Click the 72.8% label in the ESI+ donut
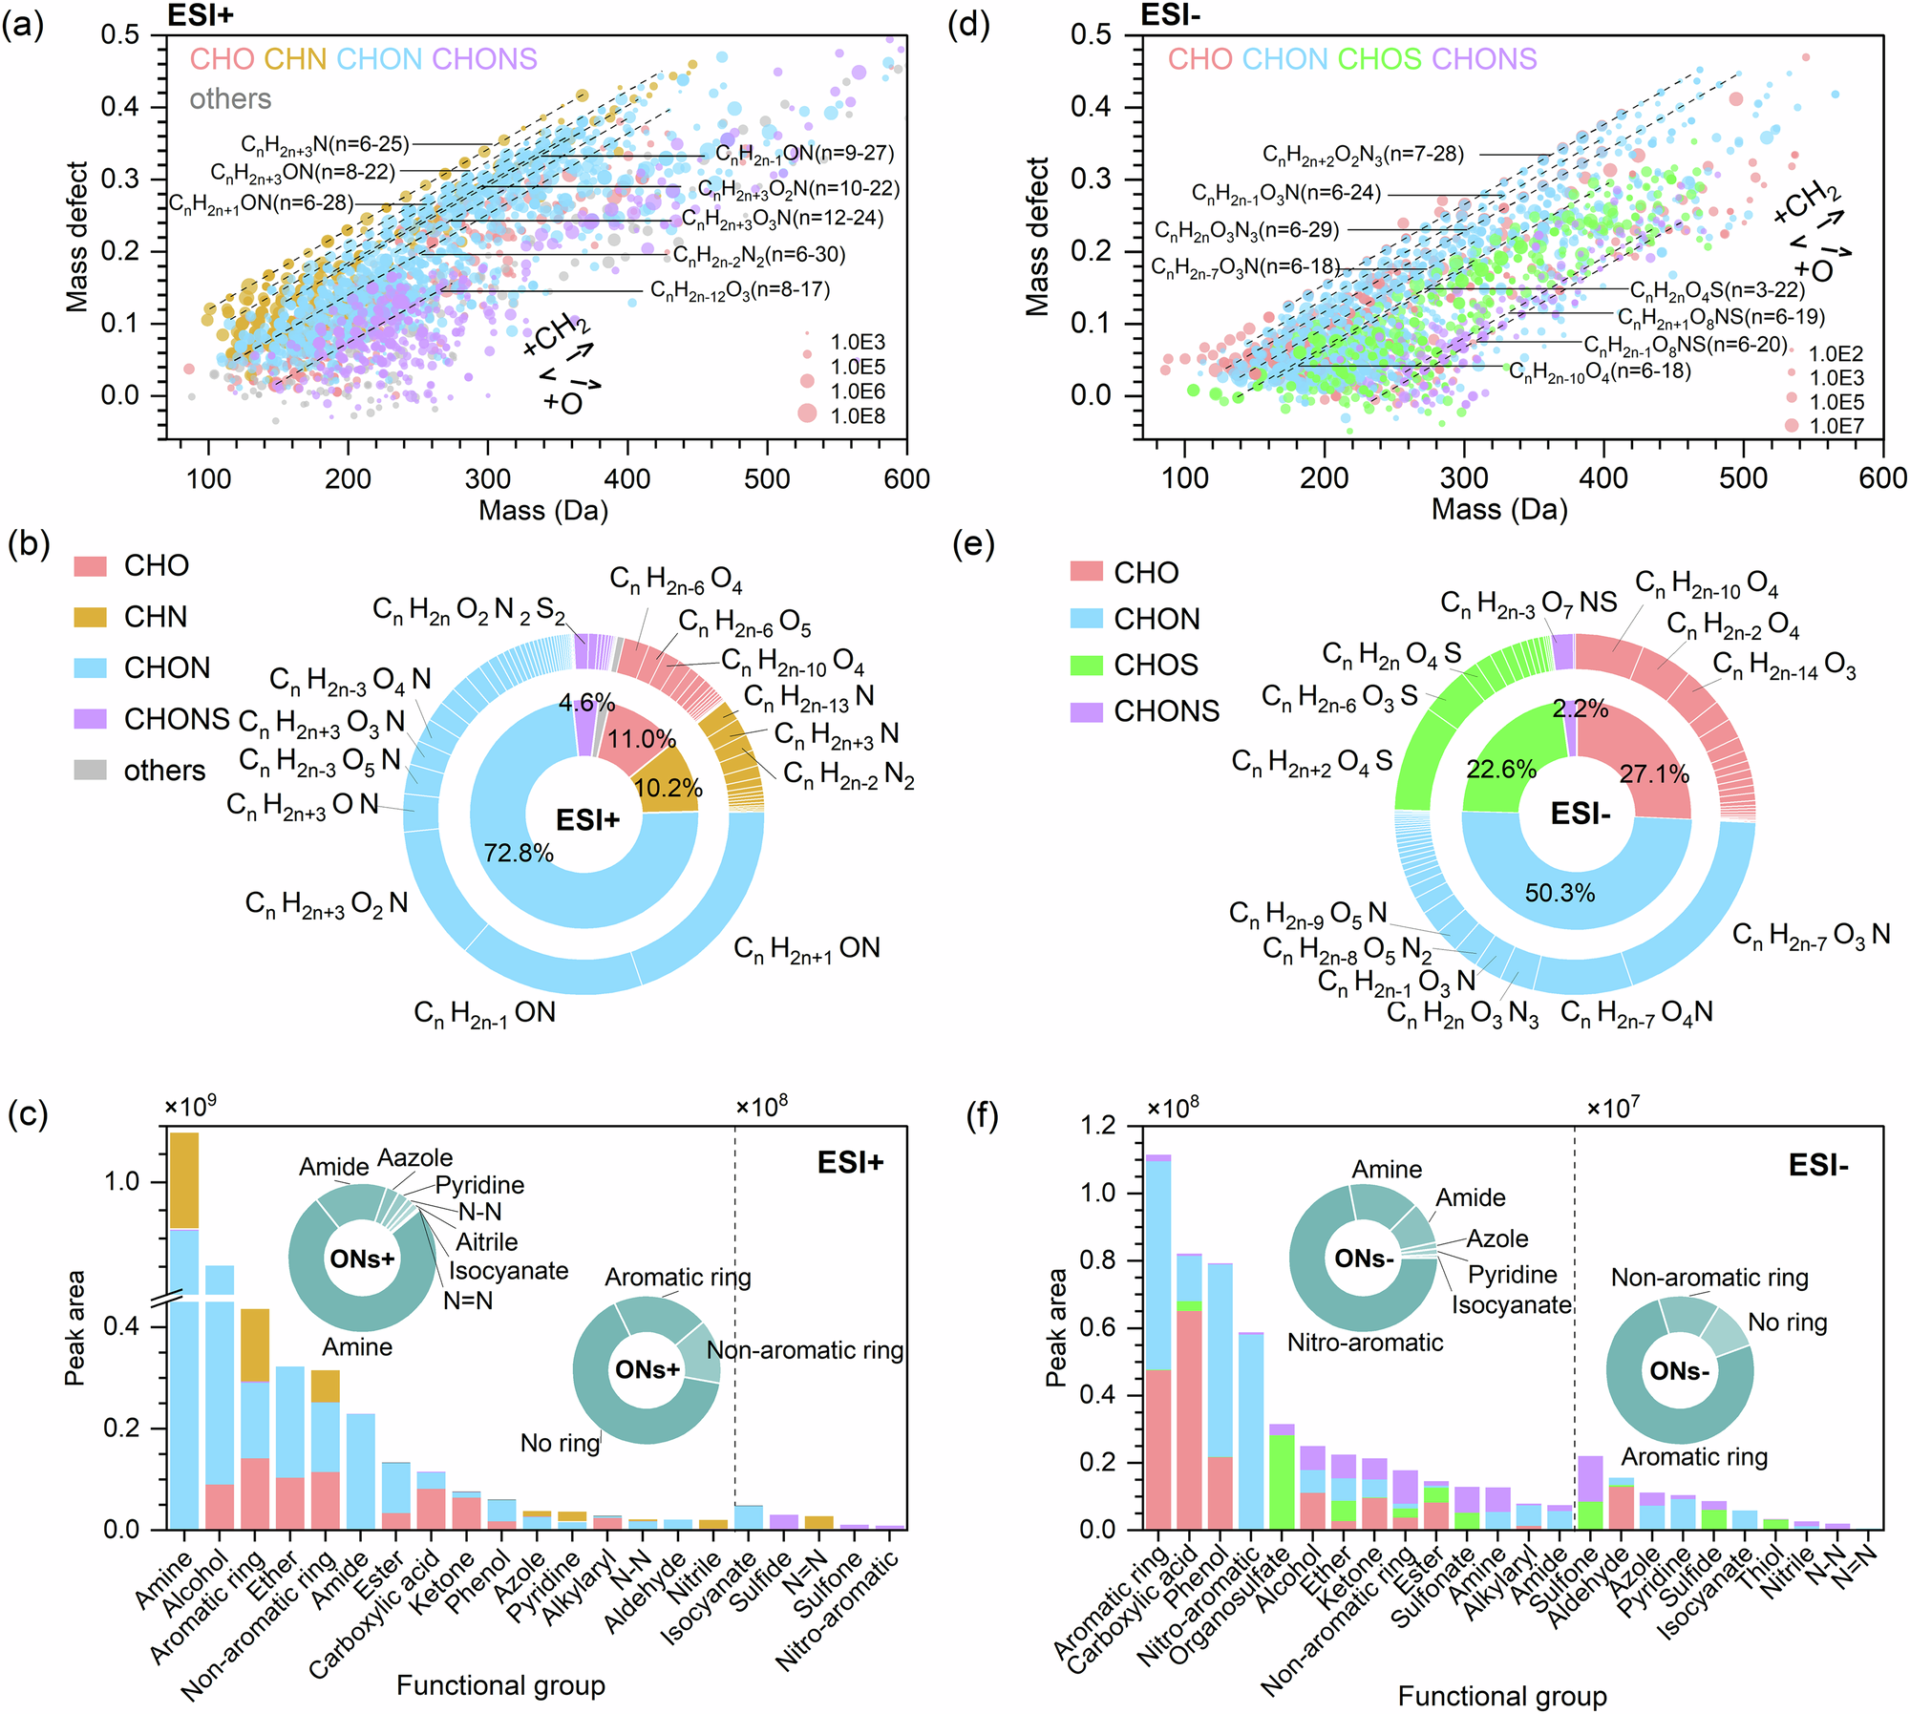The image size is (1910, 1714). (x=519, y=853)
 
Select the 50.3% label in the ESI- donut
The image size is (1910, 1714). (x=1560, y=893)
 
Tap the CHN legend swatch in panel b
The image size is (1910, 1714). (x=90, y=617)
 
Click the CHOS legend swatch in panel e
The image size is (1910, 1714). (x=1087, y=665)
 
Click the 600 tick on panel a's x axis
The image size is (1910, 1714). (x=906, y=478)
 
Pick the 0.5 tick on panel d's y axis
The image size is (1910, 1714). (x=1091, y=35)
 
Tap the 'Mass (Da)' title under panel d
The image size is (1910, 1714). (x=1499, y=509)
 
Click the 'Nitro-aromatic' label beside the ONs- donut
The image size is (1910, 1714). (x=1365, y=1343)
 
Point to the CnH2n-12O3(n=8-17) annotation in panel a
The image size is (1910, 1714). (x=739, y=289)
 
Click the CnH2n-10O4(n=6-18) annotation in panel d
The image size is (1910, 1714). (x=1600, y=371)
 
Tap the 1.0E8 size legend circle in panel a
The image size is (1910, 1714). (x=807, y=413)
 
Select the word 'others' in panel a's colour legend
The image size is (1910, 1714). (x=230, y=98)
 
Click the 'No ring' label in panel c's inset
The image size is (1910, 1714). (x=560, y=1443)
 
